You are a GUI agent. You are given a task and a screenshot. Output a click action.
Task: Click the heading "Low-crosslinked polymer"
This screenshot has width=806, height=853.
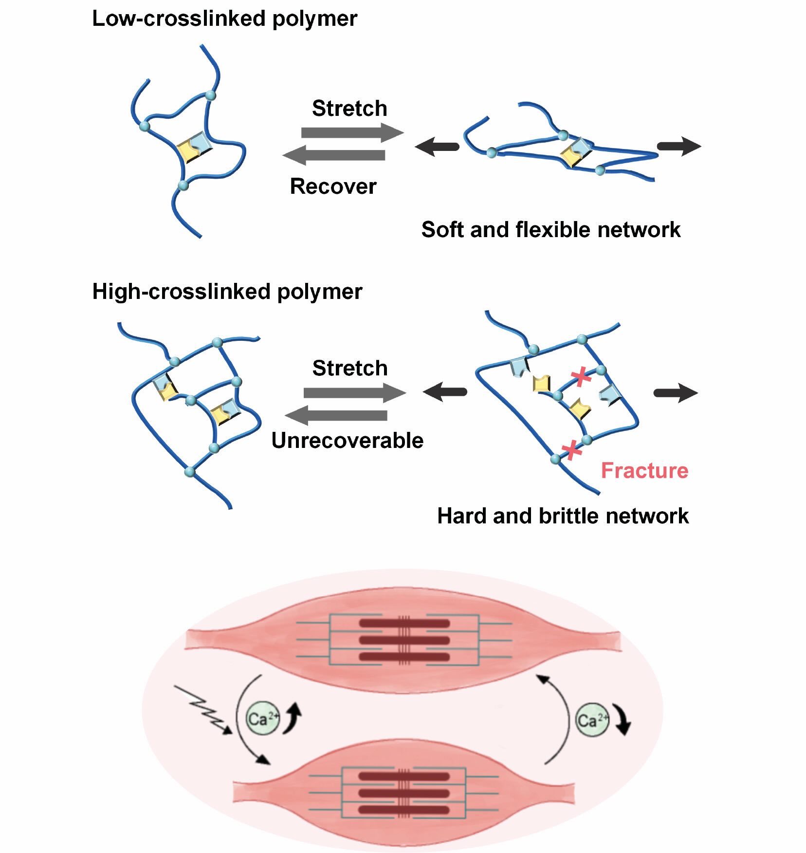224,19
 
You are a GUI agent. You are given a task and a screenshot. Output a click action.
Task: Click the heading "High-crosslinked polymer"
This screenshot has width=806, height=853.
227,292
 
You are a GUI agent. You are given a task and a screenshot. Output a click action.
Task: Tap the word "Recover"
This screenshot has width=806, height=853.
333,186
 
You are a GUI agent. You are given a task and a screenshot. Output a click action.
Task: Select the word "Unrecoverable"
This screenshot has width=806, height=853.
347,441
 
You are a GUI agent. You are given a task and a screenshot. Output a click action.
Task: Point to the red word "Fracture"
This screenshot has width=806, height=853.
644,471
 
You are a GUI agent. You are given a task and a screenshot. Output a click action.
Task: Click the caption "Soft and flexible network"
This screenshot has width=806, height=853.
550,229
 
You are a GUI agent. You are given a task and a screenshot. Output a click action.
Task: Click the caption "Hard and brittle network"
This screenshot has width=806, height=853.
563,516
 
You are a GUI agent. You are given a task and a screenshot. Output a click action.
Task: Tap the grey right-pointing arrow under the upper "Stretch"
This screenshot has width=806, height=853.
352,132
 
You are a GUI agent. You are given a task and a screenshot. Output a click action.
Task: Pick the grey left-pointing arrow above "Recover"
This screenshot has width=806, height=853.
334,155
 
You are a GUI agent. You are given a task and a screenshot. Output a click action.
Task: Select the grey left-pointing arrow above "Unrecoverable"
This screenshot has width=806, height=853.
336,415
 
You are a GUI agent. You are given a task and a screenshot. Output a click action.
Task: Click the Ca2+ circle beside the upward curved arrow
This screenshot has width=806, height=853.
263,719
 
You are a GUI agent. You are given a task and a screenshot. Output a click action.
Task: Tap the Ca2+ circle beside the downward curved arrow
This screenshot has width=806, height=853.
592,720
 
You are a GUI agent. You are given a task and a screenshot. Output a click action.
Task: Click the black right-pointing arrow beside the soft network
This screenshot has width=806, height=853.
678,146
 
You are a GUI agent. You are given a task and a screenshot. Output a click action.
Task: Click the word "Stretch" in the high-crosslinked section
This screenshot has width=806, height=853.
349,368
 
